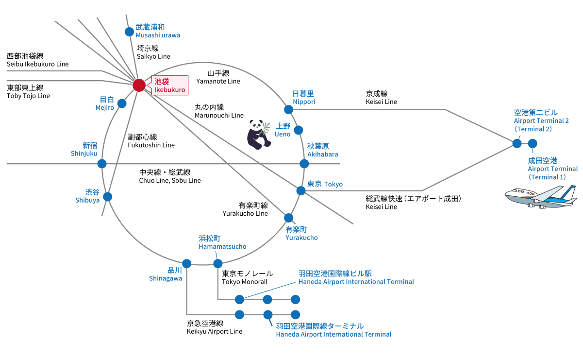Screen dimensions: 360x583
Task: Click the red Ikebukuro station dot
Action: pos(139,85)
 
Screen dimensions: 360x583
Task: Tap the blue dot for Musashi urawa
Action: pos(129,32)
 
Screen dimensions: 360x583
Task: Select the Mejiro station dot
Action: pos(122,103)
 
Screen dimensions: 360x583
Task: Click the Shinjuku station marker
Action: pos(102,164)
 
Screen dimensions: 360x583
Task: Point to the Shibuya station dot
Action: pos(108,197)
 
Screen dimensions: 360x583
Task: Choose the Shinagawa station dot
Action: pos(187,263)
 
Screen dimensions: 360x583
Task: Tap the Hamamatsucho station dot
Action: pos(217,263)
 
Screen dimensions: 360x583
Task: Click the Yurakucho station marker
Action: pos(289,218)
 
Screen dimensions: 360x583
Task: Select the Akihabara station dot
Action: pos(304,164)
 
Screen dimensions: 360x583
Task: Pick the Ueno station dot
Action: pos(299,130)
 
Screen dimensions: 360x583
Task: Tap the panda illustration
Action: pos(258,134)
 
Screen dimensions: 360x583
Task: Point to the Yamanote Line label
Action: pos(217,77)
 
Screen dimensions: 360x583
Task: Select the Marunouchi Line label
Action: pos(219,111)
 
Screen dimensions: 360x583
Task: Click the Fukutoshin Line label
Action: pos(151,141)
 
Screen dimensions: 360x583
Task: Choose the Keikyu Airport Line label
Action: pos(214,327)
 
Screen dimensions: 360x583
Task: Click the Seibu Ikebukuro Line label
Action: pos(37,60)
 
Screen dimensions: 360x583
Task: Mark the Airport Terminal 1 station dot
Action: pos(533,143)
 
